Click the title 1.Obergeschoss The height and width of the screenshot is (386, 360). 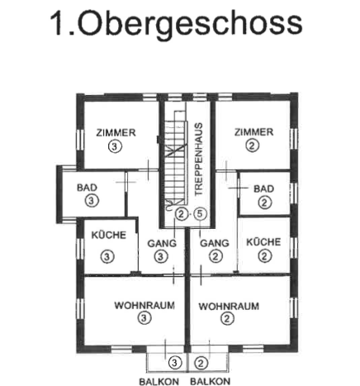pos(176,24)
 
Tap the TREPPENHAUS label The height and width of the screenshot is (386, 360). pos(198,160)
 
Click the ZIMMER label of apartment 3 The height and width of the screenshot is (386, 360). pos(116,133)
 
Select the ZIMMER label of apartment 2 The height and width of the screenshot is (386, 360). pos(253,132)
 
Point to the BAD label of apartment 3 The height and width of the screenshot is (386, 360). pos(87,188)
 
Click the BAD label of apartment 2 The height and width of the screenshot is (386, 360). pos(263,188)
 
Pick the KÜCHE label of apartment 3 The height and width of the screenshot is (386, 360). pos(109,235)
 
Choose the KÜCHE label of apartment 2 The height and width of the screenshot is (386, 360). pos(263,242)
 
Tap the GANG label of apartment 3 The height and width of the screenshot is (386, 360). pos(162,243)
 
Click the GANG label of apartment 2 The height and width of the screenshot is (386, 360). pos(215,243)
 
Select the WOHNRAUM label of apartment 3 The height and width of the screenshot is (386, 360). pos(144,306)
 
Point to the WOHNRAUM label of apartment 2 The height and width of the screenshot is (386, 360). pos(229,307)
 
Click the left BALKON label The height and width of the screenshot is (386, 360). pos(159,382)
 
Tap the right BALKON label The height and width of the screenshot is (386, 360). pos(211,382)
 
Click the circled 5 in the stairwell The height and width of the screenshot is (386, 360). pos(200,214)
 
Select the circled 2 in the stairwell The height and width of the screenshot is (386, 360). pos(181,214)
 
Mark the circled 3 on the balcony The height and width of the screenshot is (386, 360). pos(175,363)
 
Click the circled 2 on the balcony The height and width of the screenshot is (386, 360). pos(201,363)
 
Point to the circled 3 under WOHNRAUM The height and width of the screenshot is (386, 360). pos(144,318)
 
